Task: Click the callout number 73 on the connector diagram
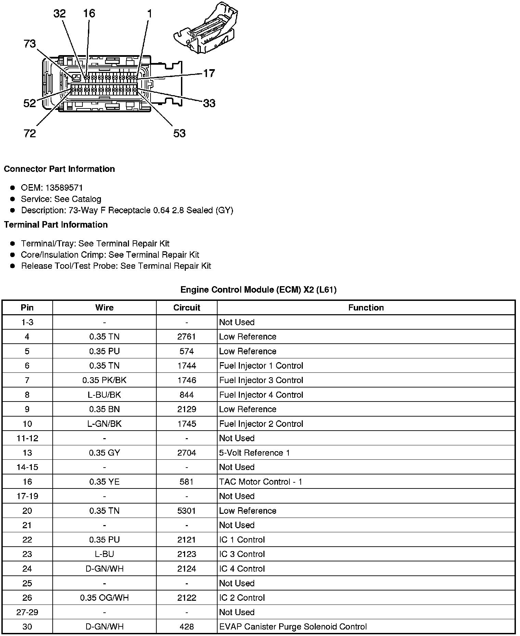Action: [x=30, y=44]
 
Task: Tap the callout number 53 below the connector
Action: [x=179, y=133]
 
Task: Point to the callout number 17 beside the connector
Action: [x=209, y=73]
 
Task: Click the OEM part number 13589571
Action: [x=64, y=188]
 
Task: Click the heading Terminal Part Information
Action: [x=56, y=225]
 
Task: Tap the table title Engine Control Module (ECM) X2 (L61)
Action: [x=258, y=290]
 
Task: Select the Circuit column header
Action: [x=186, y=307]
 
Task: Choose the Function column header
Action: [x=366, y=307]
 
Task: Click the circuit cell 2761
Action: [x=186, y=336]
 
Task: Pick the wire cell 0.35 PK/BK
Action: [x=104, y=380]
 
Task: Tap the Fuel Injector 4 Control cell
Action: [x=261, y=395]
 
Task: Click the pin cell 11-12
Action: [x=27, y=438]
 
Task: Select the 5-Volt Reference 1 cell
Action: [x=254, y=453]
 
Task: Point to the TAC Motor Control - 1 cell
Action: [x=260, y=482]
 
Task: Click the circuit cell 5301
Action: [x=186, y=511]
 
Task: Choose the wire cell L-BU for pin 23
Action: [x=104, y=554]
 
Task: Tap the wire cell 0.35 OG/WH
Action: [x=104, y=598]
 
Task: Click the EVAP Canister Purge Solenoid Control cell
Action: [x=293, y=627]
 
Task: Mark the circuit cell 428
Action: [x=186, y=627]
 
